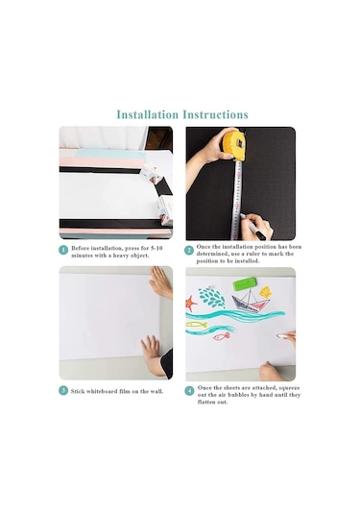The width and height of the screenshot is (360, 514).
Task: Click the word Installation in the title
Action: (148, 114)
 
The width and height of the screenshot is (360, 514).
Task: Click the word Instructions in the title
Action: (216, 114)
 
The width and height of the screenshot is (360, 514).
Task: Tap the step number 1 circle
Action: (63, 250)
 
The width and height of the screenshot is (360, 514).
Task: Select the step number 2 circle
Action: (189, 251)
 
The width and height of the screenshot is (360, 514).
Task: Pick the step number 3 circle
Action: (63, 391)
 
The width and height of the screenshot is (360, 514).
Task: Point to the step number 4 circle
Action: (189, 391)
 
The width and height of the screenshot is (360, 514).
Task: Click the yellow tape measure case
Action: (234, 144)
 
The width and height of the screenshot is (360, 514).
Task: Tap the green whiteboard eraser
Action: (245, 283)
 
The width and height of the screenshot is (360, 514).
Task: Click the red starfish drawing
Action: (191, 304)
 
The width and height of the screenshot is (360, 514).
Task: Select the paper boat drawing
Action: (251, 301)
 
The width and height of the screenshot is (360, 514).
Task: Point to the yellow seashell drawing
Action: (265, 292)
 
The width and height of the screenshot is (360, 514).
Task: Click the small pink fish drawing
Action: (222, 336)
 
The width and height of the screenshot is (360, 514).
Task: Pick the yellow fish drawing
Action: (197, 325)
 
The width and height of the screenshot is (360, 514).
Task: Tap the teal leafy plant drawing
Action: (212, 297)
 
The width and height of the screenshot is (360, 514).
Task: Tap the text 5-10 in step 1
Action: (156, 248)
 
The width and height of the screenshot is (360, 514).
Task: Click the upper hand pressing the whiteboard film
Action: (160, 281)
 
